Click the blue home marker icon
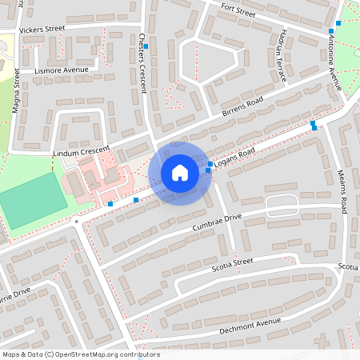[x=180, y=173]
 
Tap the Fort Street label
[x=238, y=10]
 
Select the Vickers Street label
[x=42, y=30]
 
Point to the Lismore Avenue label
[x=62, y=70]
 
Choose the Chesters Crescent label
[x=142, y=61]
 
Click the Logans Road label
[x=234, y=158]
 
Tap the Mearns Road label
[x=342, y=192]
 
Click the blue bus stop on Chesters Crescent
[x=146, y=47]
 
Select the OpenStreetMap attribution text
[x=80, y=354]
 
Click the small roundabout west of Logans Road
[x=75, y=221]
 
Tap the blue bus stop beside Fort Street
[x=330, y=31]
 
